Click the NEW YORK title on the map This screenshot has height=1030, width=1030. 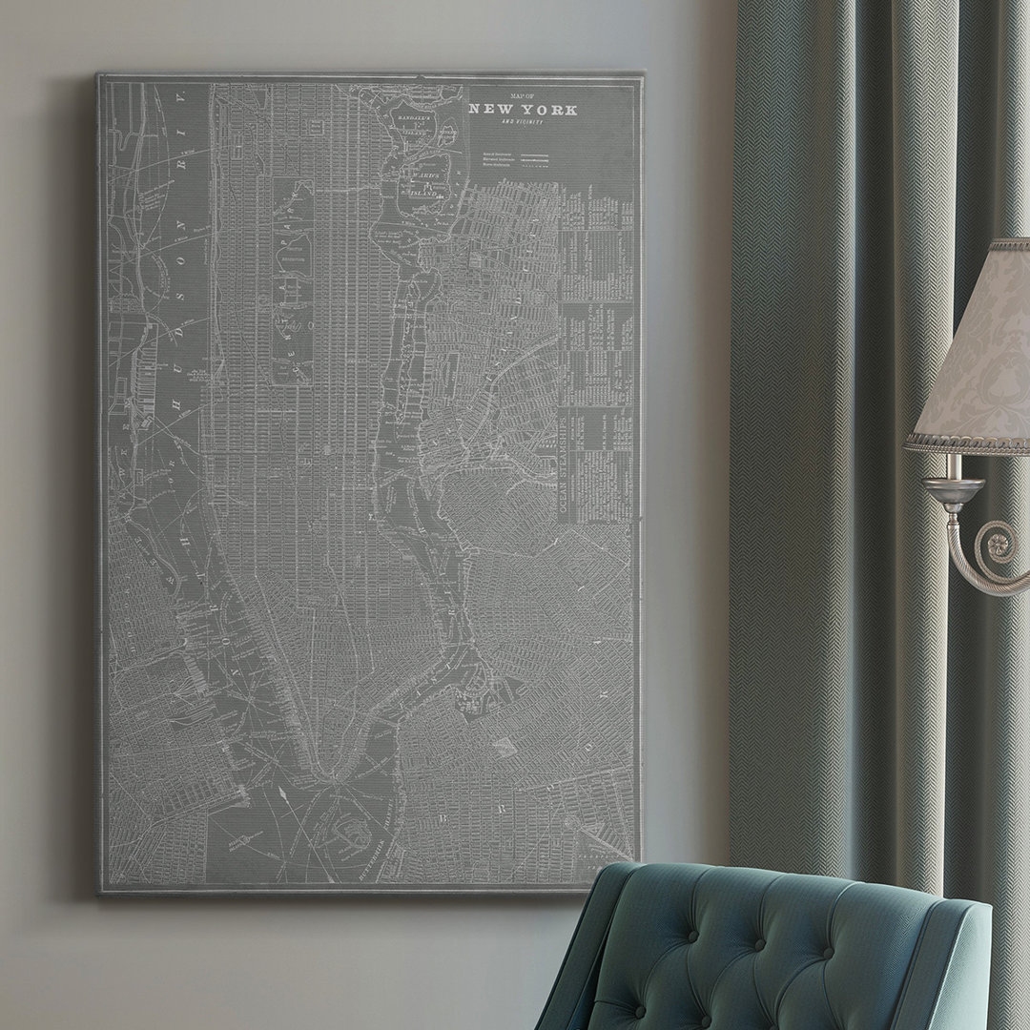pyautogui.click(x=523, y=110)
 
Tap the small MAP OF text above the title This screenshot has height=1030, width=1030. pyautogui.click(x=523, y=96)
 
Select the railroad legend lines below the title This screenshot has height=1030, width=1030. pyautogui.click(x=520, y=159)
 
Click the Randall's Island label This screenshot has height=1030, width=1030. pyautogui.click(x=414, y=117)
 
